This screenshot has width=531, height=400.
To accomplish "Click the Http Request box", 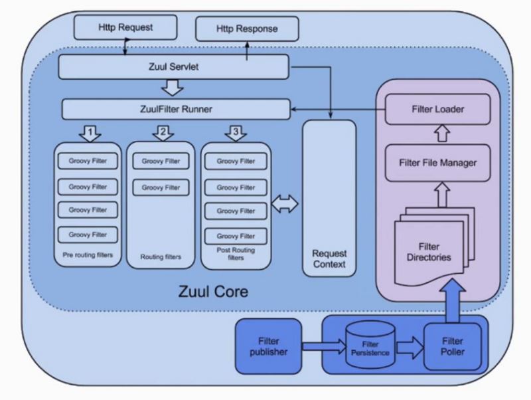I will (x=125, y=27).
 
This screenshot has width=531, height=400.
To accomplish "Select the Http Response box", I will (x=247, y=29).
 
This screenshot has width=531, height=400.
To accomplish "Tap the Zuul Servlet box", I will (x=174, y=67).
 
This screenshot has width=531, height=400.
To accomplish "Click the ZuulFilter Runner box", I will (x=176, y=109).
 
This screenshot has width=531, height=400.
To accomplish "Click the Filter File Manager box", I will (x=438, y=162).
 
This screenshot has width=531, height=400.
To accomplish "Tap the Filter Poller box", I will (x=453, y=346).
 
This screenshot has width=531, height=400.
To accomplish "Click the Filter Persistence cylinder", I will (x=370, y=346).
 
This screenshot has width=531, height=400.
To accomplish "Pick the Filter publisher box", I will (x=269, y=346).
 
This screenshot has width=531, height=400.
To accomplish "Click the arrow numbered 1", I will (x=90, y=133).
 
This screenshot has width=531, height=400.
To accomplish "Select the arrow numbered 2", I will (x=161, y=133).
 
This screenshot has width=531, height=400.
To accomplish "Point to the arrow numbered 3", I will (x=236, y=133).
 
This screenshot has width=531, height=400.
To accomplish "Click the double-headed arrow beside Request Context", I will (x=286, y=205).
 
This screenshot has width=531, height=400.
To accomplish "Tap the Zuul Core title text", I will (x=213, y=291).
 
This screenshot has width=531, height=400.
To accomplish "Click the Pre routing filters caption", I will (x=87, y=255).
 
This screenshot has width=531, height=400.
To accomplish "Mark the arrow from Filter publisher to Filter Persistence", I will (x=323, y=346).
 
